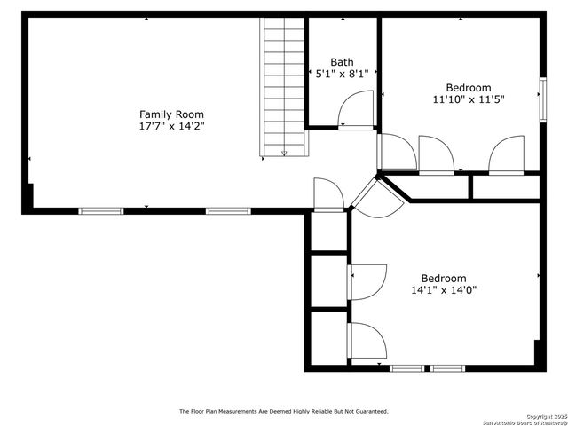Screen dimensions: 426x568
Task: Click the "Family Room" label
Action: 171,114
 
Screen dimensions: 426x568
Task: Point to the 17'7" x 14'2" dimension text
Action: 171,127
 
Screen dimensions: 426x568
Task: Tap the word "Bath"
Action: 342,62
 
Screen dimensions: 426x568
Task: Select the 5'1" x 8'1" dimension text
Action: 342,75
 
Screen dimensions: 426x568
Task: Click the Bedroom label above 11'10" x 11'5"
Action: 468,87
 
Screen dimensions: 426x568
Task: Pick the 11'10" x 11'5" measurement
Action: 468,100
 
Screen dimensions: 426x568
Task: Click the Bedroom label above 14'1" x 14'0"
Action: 444,278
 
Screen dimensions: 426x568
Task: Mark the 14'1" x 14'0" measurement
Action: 444,290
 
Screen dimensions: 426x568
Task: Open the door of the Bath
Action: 358,112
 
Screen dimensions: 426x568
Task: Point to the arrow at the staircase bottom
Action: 284,152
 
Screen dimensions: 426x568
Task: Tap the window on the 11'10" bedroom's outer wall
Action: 541,98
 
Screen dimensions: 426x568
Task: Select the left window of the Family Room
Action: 100,211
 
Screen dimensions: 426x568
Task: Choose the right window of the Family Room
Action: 227,211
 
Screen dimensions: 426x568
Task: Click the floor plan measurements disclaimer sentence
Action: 284,411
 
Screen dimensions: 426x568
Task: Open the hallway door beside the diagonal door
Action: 327,195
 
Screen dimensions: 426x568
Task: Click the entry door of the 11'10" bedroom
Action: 396,152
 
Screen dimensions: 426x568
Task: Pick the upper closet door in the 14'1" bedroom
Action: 367,282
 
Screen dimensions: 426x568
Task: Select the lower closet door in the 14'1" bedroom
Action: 367,341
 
